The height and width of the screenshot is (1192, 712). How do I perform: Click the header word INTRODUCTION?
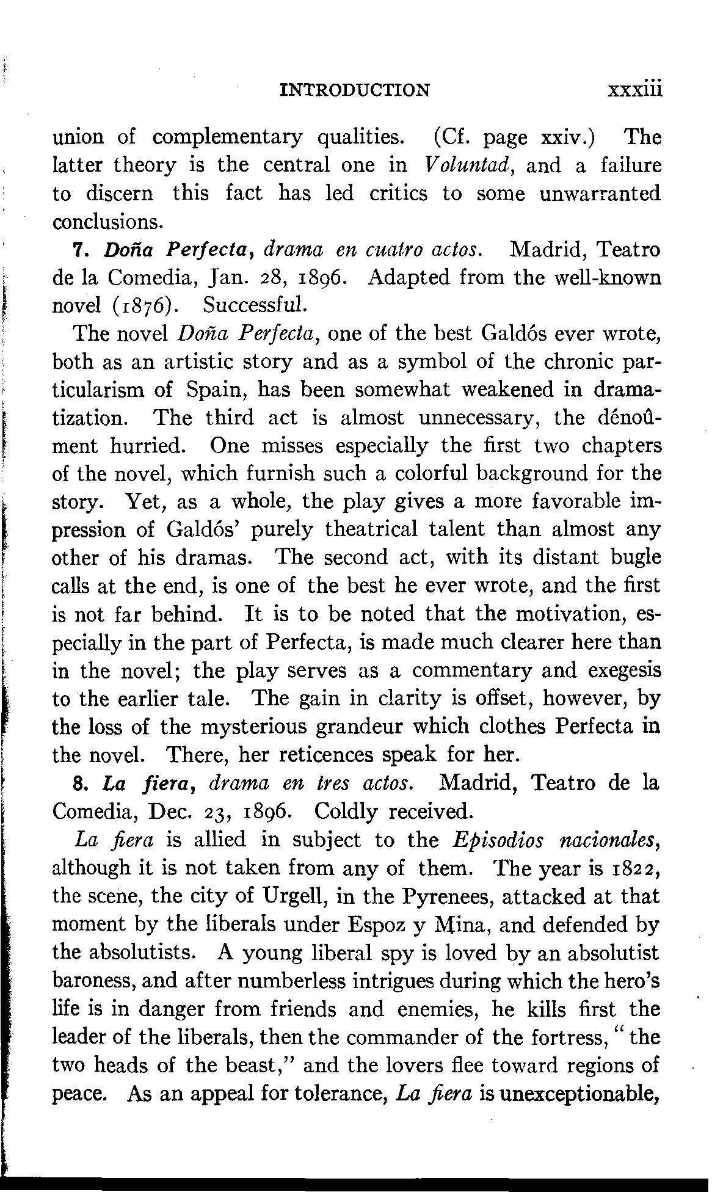[354, 90]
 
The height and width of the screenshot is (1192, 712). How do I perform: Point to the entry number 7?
[78, 250]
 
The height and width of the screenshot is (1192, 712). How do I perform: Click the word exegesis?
[624, 670]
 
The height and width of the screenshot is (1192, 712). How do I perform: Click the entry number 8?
[78, 783]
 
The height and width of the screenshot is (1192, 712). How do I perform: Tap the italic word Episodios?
[496, 840]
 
